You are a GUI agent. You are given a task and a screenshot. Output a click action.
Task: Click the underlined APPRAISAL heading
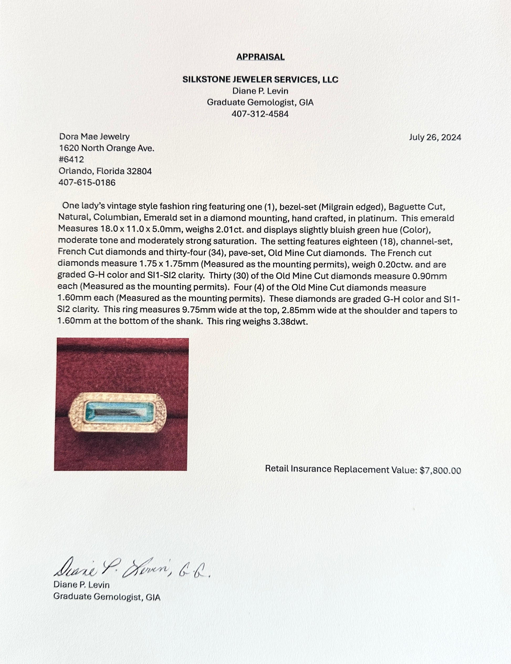click(260, 57)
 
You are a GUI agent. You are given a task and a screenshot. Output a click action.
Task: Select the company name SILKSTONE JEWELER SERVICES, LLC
click(260, 80)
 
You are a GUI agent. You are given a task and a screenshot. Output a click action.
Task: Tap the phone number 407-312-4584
click(260, 114)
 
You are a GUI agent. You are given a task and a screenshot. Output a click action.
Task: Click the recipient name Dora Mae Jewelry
click(94, 137)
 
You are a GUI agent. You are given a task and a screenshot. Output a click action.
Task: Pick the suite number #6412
click(71, 159)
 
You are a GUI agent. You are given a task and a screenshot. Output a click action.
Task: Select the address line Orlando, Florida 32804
click(105, 171)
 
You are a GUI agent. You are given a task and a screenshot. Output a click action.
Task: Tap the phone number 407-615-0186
click(87, 182)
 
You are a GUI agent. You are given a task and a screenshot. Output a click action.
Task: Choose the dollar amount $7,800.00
click(440, 470)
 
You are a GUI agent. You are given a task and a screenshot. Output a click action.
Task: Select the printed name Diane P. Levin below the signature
click(81, 585)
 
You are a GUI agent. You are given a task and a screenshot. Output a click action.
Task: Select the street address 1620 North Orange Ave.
click(106, 148)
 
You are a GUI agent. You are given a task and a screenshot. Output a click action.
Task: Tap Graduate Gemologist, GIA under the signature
click(107, 597)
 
